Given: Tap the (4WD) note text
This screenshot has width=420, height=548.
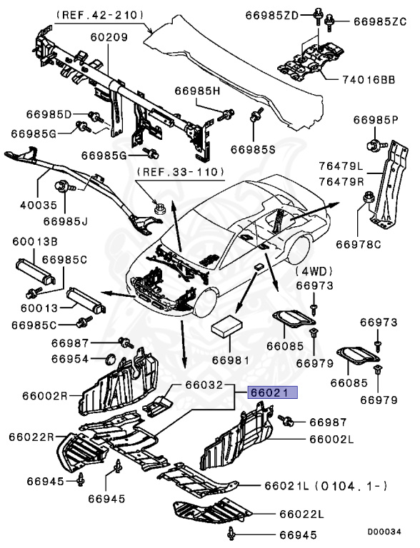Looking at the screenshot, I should point(315,272).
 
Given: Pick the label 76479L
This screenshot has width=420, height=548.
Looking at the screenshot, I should point(341,166).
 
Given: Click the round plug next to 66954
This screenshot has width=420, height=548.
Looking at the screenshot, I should point(110,357).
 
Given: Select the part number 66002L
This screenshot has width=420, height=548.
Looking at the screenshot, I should point(331,440).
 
